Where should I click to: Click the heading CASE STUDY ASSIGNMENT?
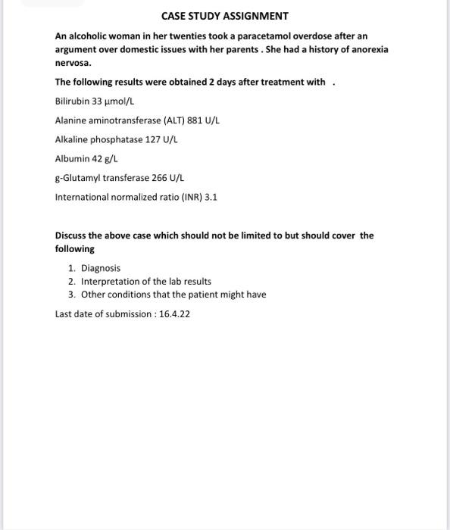point(225,16)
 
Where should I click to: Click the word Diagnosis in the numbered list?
point(101,268)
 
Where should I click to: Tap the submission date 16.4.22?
point(174,313)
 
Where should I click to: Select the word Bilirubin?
point(72,101)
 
